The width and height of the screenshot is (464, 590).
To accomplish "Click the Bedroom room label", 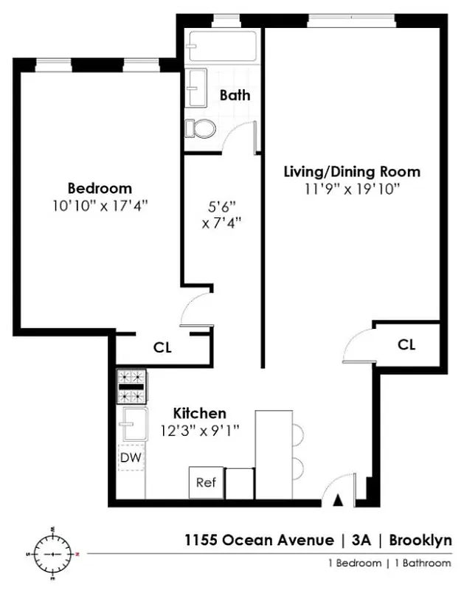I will click(x=100, y=187).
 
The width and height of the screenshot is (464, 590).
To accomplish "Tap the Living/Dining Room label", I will click(x=352, y=172).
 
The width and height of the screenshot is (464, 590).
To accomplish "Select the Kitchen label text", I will click(x=199, y=413).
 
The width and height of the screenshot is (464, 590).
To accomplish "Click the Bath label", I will click(x=235, y=95).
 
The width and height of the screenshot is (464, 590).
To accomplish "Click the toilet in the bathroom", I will click(x=200, y=128).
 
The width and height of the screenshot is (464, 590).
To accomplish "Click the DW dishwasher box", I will click(x=132, y=458).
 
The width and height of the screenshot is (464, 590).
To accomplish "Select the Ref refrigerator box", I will click(x=205, y=483).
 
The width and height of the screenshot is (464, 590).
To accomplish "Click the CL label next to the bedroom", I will click(x=162, y=347).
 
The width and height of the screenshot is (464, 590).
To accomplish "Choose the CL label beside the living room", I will click(x=406, y=344).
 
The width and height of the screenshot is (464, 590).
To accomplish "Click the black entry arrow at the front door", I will click(x=338, y=501).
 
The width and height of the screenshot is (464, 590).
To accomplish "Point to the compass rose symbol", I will click(x=52, y=552).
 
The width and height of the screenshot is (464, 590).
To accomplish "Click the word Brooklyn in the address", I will click(x=420, y=541).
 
